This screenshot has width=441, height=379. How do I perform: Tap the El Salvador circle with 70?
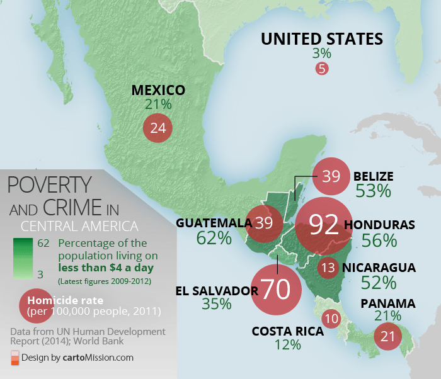(x=276, y=289)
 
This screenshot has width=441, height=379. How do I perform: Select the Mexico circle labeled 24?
(x=157, y=128)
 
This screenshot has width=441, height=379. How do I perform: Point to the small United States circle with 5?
(x=322, y=69)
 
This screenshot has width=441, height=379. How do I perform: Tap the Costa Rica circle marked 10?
(x=331, y=318)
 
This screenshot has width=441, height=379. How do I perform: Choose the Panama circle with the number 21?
(x=388, y=336)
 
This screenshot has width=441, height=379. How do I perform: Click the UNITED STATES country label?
(x=322, y=39)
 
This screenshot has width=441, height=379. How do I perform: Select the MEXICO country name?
(x=158, y=90)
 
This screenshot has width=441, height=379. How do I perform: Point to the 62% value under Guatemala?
(x=214, y=238)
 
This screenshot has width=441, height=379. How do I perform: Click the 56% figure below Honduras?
(x=379, y=240)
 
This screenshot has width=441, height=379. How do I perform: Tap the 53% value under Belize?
(x=373, y=191)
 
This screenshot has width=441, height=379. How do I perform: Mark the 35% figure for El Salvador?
(x=217, y=304)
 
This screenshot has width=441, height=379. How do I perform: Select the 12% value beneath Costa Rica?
(x=287, y=344)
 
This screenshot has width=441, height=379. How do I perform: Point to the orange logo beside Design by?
(x=14, y=358)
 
